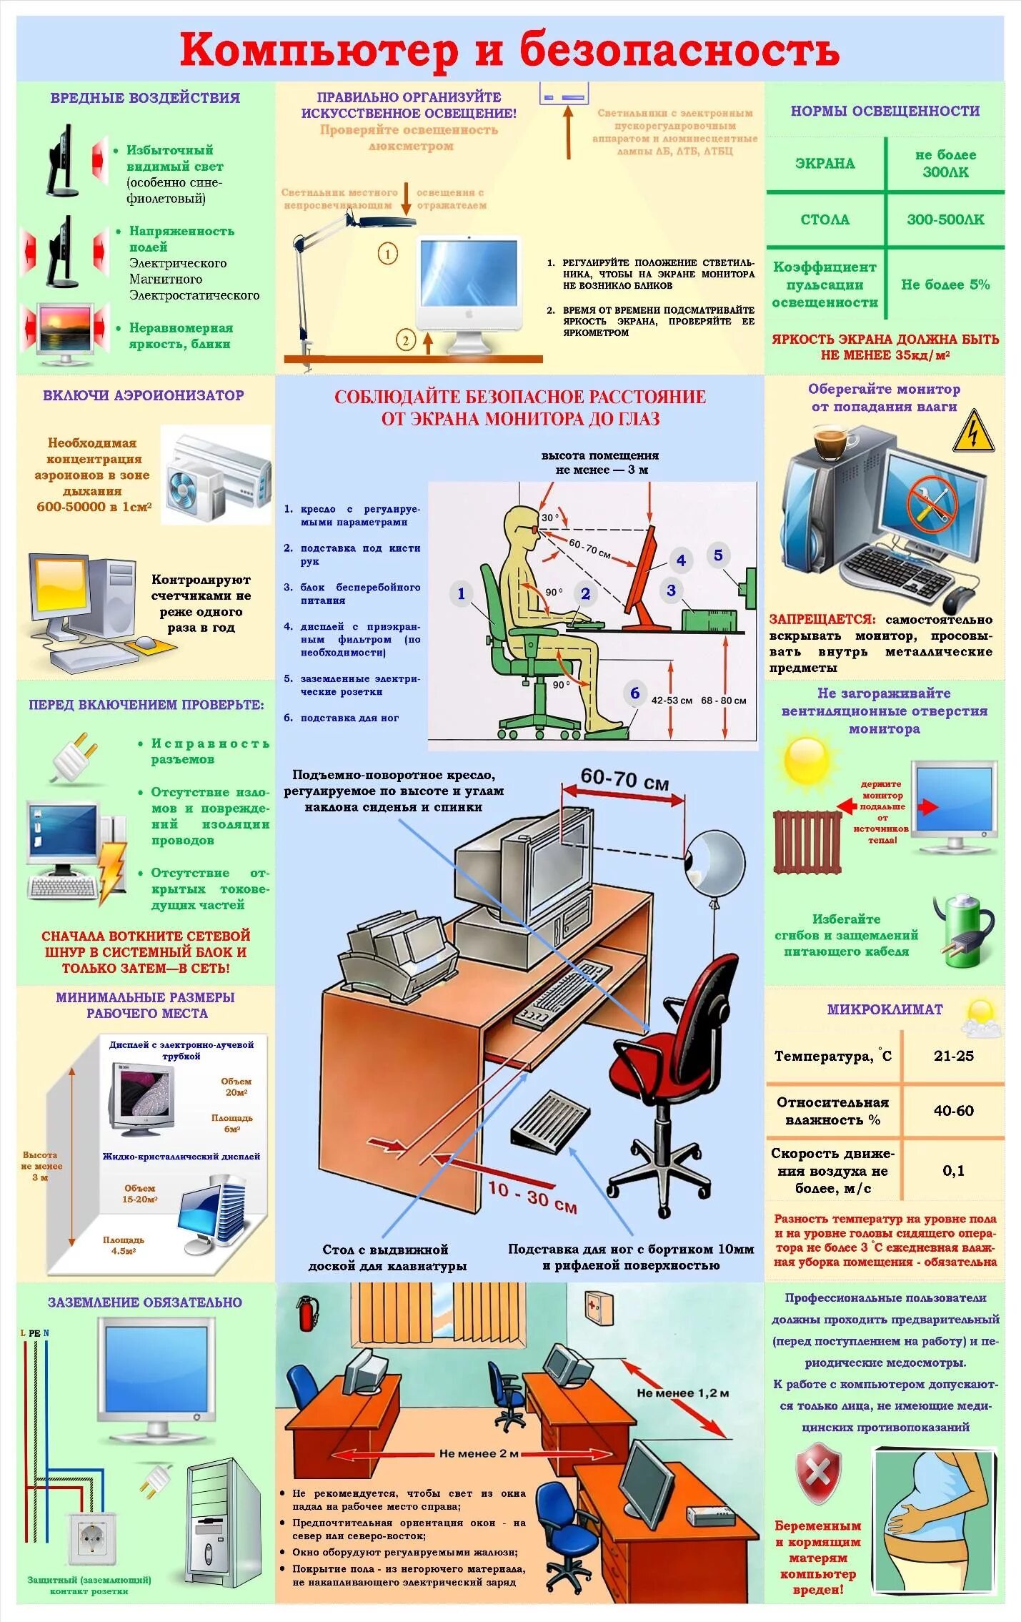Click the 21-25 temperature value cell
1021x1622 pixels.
point(953,1055)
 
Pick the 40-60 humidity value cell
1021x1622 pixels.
point(953,1110)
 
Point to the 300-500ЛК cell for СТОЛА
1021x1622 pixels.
point(945,219)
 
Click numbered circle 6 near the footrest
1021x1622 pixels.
point(634,692)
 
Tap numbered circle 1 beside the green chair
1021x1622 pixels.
point(461,593)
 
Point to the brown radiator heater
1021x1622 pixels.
point(807,841)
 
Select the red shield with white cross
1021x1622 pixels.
point(818,1472)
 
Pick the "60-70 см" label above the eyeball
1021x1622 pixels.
point(624,779)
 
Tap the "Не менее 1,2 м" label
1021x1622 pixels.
point(682,1393)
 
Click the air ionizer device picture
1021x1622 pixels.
point(217,473)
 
